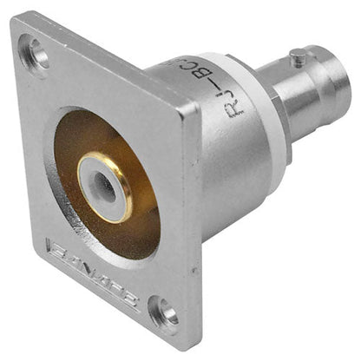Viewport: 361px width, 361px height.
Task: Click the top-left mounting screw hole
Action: coord(35,53)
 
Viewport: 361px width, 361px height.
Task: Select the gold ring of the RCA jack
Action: coord(104,187)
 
